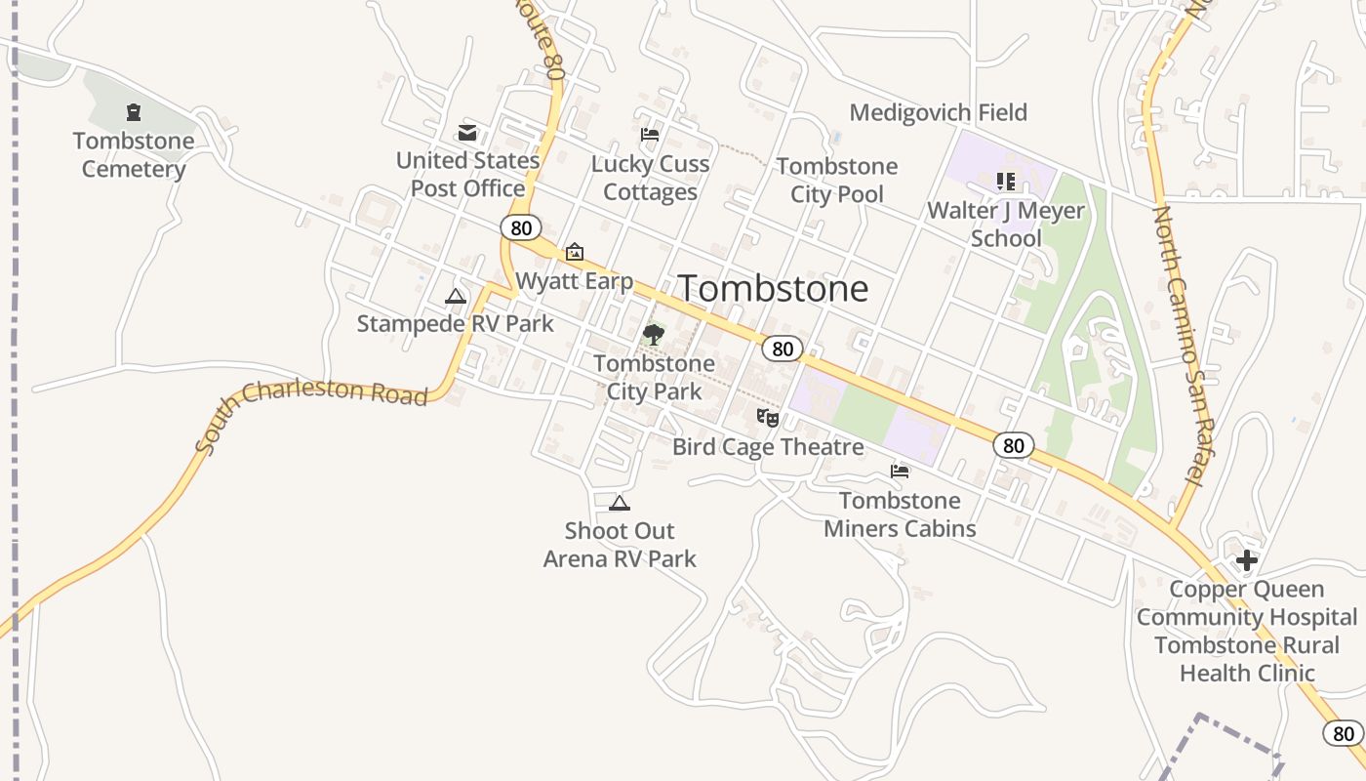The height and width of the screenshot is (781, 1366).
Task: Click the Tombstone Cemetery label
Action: click(134, 155)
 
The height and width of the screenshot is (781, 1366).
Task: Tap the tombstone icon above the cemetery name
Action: click(134, 113)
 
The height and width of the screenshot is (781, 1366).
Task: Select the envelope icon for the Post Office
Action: click(467, 133)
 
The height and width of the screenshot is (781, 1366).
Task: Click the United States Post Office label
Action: click(467, 174)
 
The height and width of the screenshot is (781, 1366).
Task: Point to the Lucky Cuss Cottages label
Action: click(650, 178)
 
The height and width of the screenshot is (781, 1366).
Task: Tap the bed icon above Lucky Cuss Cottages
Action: click(650, 134)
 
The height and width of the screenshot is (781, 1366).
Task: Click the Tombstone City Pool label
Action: click(837, 180)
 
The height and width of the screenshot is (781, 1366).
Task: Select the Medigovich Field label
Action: click(938, 112)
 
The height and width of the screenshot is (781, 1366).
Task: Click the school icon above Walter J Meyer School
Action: click(1006, 182)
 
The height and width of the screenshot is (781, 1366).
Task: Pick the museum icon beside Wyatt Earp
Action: click(575, 252)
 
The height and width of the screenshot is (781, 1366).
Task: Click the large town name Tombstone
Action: click(773, 288)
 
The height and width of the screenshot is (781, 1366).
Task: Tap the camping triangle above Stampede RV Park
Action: click(455, 296)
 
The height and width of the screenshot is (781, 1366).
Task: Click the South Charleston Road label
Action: click(310, 410)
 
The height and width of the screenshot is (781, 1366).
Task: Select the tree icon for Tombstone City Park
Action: click(653, 335)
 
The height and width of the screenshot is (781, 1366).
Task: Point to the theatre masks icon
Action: click(768, 418)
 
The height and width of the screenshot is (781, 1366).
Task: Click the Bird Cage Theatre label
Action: click(768, 447)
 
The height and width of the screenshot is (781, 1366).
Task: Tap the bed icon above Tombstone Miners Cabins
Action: click(900, 472)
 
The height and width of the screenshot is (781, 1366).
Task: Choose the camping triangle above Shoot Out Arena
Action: click(619, 504)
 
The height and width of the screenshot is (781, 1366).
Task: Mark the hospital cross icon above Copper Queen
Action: click(1246, 560)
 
